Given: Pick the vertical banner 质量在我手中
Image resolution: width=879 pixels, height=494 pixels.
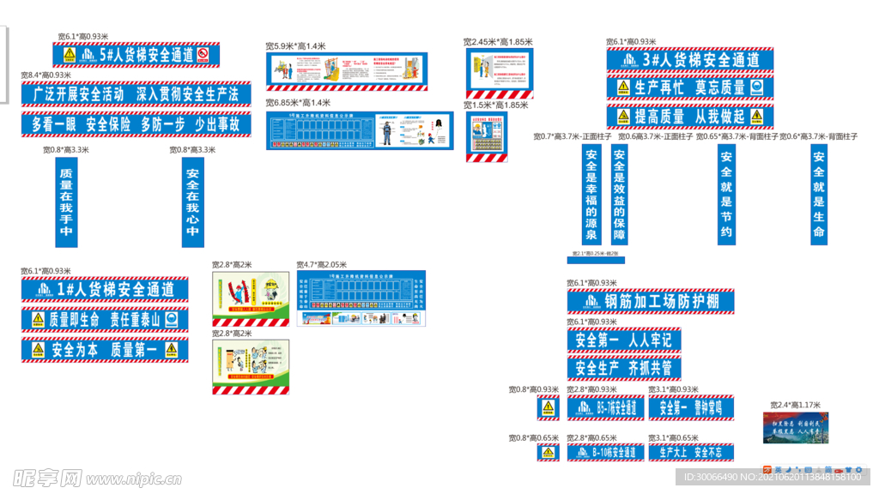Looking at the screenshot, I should [66, 202].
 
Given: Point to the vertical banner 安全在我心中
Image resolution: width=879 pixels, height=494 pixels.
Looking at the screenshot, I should [192, 202].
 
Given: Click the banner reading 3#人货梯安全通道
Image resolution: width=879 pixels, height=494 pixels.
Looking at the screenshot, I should [690, 60].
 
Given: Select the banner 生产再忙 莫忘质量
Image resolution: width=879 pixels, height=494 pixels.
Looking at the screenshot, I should [690, 87].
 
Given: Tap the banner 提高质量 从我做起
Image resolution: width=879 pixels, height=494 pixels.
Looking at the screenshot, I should [690, 117].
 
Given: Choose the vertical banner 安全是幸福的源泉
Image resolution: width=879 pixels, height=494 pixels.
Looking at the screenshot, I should [591, 195].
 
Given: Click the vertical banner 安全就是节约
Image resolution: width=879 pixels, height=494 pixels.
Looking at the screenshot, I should [726, 195].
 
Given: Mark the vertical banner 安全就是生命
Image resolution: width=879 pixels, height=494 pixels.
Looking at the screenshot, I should [818, 195].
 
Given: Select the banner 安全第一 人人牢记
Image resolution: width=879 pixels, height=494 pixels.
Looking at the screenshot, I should [622, 340].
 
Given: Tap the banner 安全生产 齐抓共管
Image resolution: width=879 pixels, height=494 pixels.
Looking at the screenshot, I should [622, 368].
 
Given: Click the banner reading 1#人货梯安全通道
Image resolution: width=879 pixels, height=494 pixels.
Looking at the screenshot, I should [105, 290].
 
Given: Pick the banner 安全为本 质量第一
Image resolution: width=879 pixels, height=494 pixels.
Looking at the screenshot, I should [105, 350].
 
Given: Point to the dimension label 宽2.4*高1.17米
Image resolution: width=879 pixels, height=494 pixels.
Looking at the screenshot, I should [796, 405].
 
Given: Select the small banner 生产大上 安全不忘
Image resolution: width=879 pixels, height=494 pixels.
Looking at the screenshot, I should [691, 452].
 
